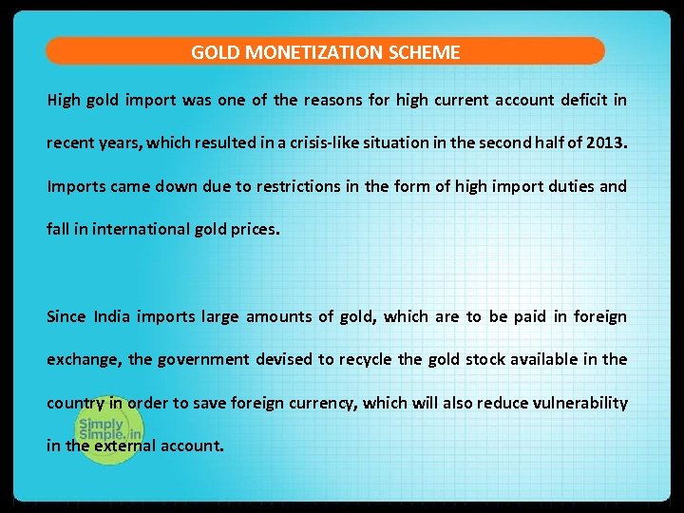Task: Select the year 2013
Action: [x=606, y=143]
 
